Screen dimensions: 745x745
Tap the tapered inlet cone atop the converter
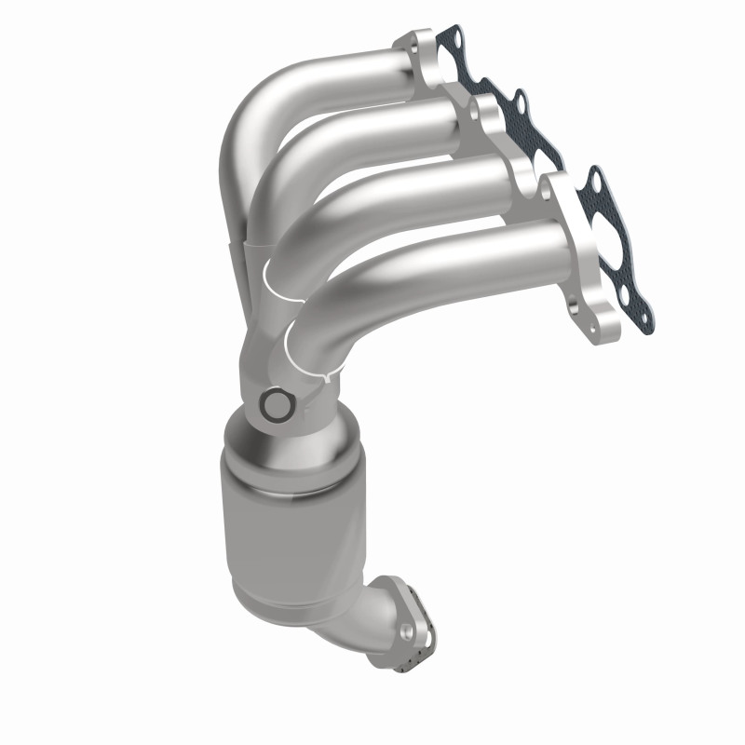[x=279, y=447]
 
